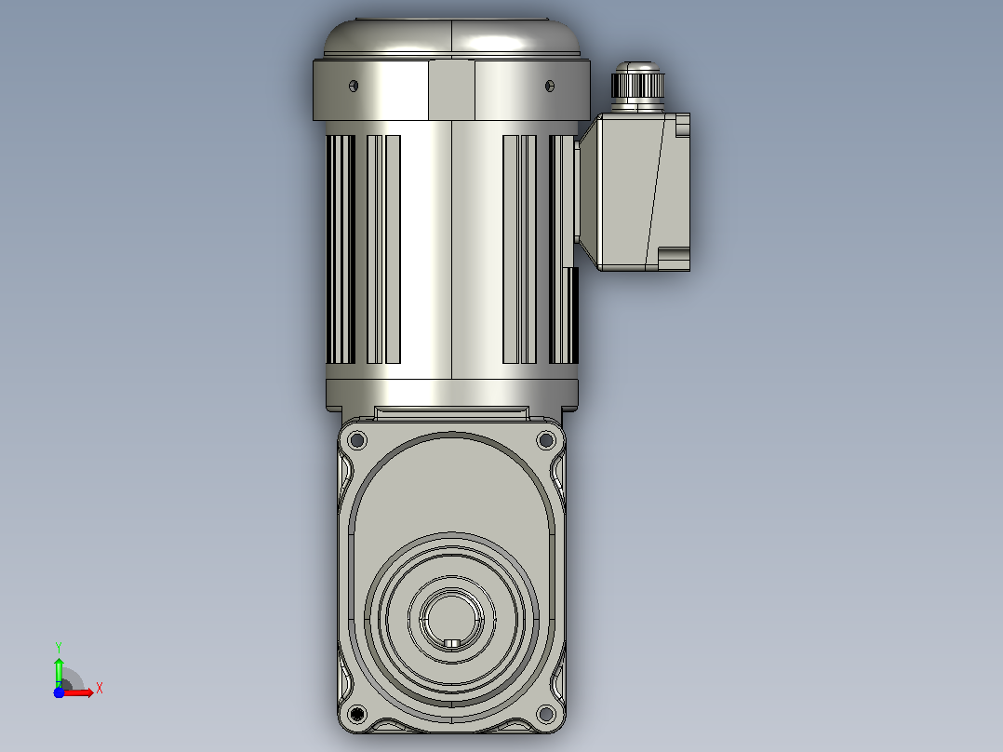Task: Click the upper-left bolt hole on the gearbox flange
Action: (x=357, y=440)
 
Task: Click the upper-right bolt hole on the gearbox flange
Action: (x=546, y=439)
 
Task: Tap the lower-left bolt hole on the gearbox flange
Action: (x=357, y=714)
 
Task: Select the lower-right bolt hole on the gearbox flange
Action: (x=546, y=713)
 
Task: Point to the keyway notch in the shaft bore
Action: (x=451, y=642)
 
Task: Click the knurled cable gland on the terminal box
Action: (x=637, y=85)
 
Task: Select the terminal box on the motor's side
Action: (x=635, y=192)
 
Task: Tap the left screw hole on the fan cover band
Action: (x=354, y=86)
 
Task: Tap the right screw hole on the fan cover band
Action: (x=550, y=86)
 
